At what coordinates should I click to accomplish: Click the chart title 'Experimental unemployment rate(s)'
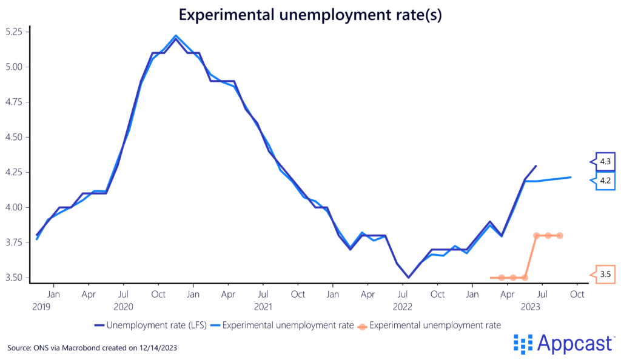tap(310, 15)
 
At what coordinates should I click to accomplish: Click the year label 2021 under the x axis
tap(263, 307)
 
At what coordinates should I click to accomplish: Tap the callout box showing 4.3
tap(605, 162)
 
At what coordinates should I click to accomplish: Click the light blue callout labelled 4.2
tap(605, 180)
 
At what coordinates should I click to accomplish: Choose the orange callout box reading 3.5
tap(605, 274)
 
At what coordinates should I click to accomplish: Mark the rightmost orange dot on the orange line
tap(559, 235)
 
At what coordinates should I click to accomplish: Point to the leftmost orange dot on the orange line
tap(502, 278)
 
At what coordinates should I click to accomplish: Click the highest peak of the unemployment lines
tap(175, 36)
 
